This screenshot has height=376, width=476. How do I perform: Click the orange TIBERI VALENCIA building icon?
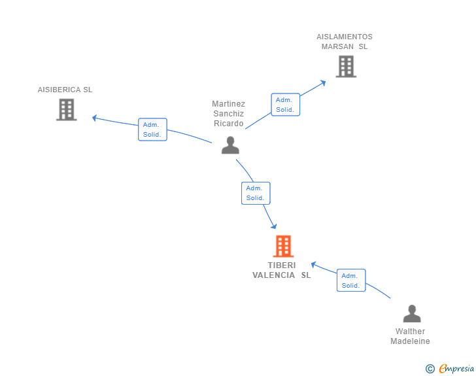[283, 246]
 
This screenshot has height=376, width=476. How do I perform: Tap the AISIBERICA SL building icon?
[67, 110]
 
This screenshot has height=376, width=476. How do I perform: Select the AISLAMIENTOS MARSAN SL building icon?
[346, 67]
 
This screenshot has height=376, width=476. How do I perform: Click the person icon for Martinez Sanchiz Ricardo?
[230, 145]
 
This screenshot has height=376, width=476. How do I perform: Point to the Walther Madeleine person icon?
[412, 313]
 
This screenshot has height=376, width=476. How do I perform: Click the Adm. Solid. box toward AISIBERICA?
[152, 129]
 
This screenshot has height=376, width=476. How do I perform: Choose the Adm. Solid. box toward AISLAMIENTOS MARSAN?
[285, 105]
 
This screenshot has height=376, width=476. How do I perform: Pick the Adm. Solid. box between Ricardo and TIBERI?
[256, 193]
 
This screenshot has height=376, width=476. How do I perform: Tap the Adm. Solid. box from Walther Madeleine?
[351, 281]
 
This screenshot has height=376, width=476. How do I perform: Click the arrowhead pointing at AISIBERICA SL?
[94, 118]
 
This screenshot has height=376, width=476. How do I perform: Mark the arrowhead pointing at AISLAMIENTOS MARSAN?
[323, 83]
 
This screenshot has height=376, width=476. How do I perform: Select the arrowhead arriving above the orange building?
[274, 226]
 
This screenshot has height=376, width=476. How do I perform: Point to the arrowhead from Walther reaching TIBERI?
[314, 265]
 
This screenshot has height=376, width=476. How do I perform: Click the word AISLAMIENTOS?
[345, 37]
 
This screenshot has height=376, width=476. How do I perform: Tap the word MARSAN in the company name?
[337, 46]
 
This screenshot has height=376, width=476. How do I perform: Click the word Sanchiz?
[229, 114]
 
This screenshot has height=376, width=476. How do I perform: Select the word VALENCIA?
[273, 275]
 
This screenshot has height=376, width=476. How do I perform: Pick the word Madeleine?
[410, 341]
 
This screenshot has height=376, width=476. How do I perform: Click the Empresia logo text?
[456, 368]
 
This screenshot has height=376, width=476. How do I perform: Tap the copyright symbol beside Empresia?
[430, 369]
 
